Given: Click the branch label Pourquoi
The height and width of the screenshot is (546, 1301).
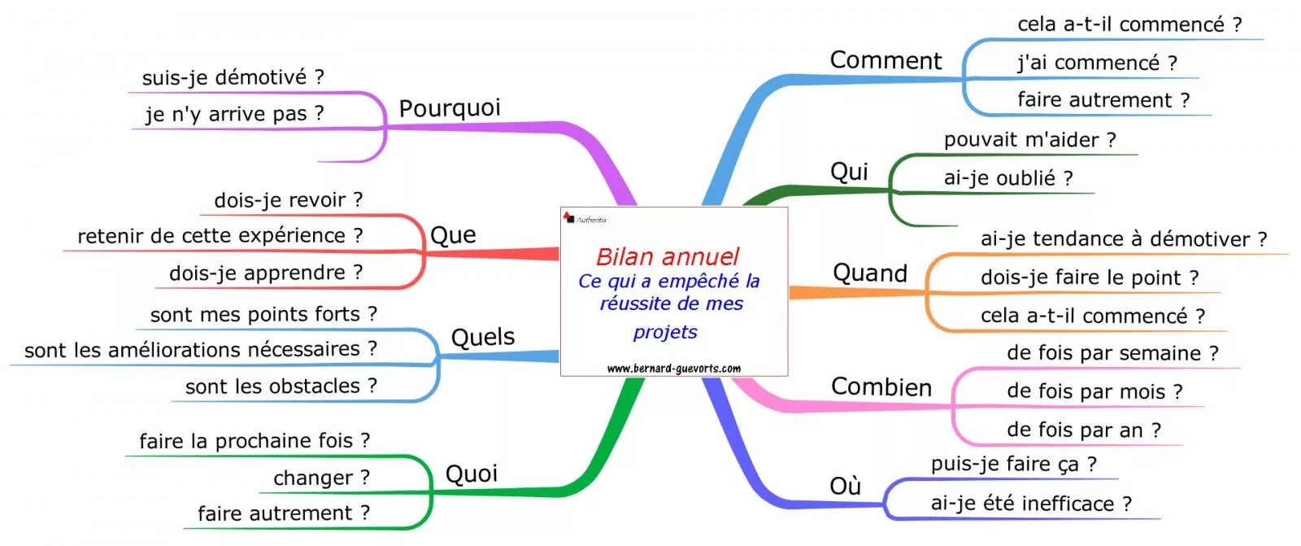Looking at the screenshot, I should pyautogui.click(x=449, y=108).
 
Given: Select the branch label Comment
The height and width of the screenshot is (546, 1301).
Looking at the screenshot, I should pyautogui.click(x=885, y=61).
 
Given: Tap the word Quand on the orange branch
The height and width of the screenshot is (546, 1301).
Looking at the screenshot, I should pyautogui.click(x=869, y=273).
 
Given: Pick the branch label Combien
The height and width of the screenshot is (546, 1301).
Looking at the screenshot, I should pyautogui.click(x=881, y=387).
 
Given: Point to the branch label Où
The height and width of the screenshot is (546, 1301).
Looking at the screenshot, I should pyautogui.click(x=845, y=487).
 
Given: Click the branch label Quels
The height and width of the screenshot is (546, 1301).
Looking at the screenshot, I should pyautogui.click(x=483, y=338).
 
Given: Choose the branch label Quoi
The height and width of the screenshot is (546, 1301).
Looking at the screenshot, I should pyautogui.click(x=471, y=474).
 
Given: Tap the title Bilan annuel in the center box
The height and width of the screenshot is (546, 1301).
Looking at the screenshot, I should pyautogui.click(x=667, y=257).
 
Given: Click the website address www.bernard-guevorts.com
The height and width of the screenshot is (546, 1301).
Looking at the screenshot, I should pyautogui.click(x=673, y=369).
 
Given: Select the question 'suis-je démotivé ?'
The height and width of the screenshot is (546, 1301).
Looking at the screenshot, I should pyautogui.click(x=233, y=78).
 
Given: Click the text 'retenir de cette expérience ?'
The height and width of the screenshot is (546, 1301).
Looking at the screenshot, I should pyautogui.click(x=220, y=236).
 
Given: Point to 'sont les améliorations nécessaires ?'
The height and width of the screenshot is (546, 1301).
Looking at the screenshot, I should pyautogui.click(x=200, y=350).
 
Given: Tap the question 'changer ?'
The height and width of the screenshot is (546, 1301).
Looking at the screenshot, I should pyautogui.click(x=321, y=478).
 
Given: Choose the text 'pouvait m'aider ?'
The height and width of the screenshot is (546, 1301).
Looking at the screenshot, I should pyautogui.click(x=1029, y=140).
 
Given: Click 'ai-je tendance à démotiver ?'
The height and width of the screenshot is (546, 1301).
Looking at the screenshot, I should pyautogui.click(x=1123, y=239).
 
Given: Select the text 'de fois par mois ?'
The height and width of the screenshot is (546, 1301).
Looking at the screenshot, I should pyautogui.click(x=1094, y=391).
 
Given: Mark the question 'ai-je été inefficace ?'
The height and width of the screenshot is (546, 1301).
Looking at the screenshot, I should pyautogui.click(x=1030, y=504).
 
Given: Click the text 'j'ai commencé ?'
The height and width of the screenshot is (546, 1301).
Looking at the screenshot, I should pyautogui.click(x=1097, y=63).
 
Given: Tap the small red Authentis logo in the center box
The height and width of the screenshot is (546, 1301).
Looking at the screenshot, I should pyautogui.click(x=569, y=217).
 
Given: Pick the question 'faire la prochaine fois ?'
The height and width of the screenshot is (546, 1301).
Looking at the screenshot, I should pyautogui.click(x=254, y=441).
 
